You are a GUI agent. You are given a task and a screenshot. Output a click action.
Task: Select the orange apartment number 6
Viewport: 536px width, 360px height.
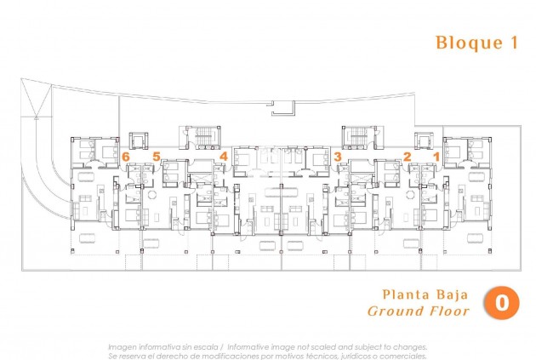(125, 157)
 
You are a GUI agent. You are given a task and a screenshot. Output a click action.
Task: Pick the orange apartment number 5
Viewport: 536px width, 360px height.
(157, 157)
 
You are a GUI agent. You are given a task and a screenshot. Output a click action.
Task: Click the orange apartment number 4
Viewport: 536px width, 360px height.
(223, 157)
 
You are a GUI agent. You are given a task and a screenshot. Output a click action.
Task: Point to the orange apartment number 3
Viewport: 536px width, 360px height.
(338, 157)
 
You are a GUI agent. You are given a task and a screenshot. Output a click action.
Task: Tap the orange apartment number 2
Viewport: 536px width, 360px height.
(407, 157)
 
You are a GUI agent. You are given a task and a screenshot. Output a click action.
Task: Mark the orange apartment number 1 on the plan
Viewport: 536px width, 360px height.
(436, 157)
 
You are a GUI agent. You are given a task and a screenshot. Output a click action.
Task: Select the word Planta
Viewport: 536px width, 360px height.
(400, 295)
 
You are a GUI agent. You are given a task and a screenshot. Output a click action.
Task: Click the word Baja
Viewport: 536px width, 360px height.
(451, 295)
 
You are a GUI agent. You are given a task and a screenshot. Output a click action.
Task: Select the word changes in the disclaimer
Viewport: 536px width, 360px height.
(408, 347)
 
